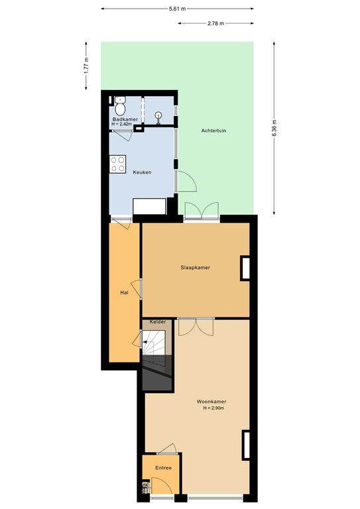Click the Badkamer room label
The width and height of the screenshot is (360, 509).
coord(123,119)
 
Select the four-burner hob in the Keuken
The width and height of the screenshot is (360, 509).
coord(118,164)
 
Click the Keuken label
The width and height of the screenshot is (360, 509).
coord(142,172)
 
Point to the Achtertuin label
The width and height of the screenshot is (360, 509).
coord(213,131)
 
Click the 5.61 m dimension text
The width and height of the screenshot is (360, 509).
coord(177,9)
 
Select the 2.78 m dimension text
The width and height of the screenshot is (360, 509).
coord(215,23)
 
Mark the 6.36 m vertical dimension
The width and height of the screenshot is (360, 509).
coord(272,127)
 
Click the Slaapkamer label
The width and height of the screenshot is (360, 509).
coord(196,268)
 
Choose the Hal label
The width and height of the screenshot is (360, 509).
coord(123,292)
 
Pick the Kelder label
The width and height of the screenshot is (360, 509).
coord(158,322)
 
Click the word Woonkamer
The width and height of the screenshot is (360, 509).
coord(211,402)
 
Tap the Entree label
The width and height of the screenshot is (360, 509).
coord(163,468)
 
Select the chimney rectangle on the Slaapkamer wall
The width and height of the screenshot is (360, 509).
coord(244,268)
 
